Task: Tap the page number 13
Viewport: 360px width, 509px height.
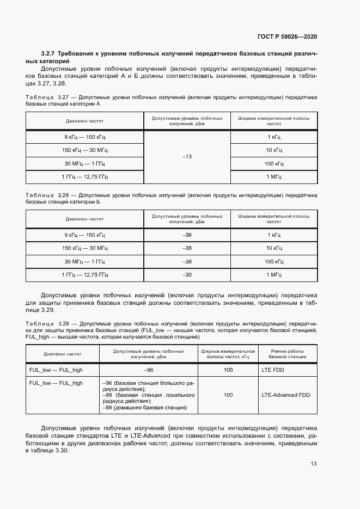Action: pos(314,464)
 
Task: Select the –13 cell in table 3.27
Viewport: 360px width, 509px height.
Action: pos(187,157)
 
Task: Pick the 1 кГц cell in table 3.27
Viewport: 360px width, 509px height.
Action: pos(273,137)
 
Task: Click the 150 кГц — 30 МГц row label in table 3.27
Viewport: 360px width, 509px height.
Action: pos(84,150)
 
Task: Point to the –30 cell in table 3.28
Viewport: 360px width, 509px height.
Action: pos(187,275)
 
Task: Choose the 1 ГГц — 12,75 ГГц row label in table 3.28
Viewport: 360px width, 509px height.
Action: pos(84,275)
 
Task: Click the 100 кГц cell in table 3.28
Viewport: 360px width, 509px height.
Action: pos(273,261)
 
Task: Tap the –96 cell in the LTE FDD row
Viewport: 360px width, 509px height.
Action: pos(148,370)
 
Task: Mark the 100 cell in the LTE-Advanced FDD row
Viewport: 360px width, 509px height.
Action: pos(228,395)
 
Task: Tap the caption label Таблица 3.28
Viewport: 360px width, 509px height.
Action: pos(47,195)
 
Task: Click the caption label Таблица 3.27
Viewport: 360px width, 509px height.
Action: pos(47,96)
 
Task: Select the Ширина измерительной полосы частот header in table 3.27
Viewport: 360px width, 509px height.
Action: pos(273,121)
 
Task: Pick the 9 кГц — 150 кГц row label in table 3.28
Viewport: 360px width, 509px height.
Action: pos(84,235)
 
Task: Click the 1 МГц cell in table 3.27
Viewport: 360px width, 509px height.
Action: pos(273,177)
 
